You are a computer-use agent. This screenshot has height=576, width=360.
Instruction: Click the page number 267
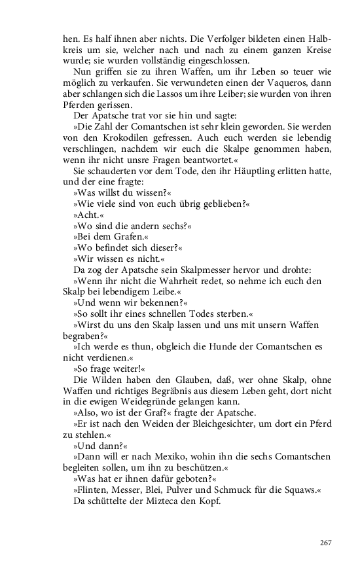325,543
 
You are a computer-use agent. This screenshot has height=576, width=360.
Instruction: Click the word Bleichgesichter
195,423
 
